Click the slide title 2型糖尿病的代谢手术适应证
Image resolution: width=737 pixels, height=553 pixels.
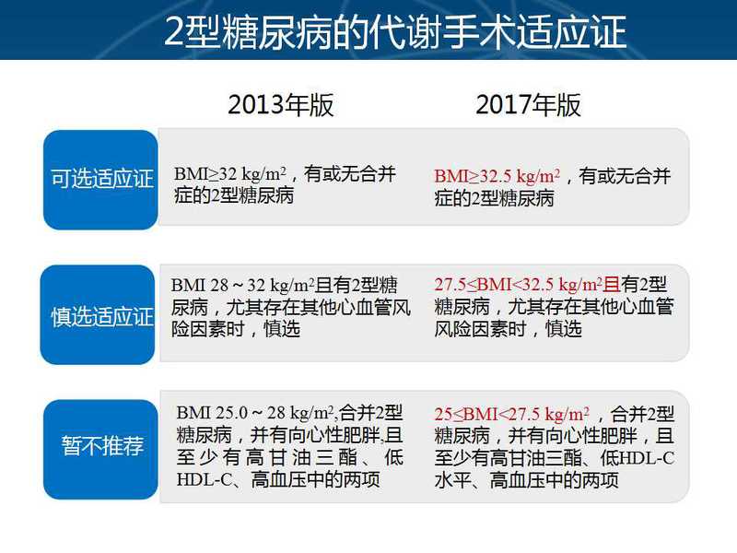(395, 32)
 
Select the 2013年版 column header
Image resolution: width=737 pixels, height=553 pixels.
(281, 105)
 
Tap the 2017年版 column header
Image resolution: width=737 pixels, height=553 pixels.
(528, 105)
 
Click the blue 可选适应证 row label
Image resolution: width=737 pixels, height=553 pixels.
(100, 180)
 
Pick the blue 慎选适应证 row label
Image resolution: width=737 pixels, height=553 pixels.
(98, 314)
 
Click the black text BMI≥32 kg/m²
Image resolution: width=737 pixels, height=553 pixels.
(230, 174)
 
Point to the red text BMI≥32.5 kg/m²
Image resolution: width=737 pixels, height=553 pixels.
(497, 176)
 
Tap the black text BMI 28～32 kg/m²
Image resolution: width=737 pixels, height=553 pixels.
(242, 285)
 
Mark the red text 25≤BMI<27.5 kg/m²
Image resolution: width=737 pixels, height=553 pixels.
(512, 414)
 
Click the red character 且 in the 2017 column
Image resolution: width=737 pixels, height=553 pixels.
(612, 285)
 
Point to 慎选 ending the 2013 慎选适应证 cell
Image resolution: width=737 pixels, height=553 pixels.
(282, 329)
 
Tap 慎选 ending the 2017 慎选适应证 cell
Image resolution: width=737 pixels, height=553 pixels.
(563, 329)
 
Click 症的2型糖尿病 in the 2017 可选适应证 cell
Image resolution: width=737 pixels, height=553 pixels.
(494, 198)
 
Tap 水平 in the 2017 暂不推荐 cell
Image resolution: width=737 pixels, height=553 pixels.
(452, 480)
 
